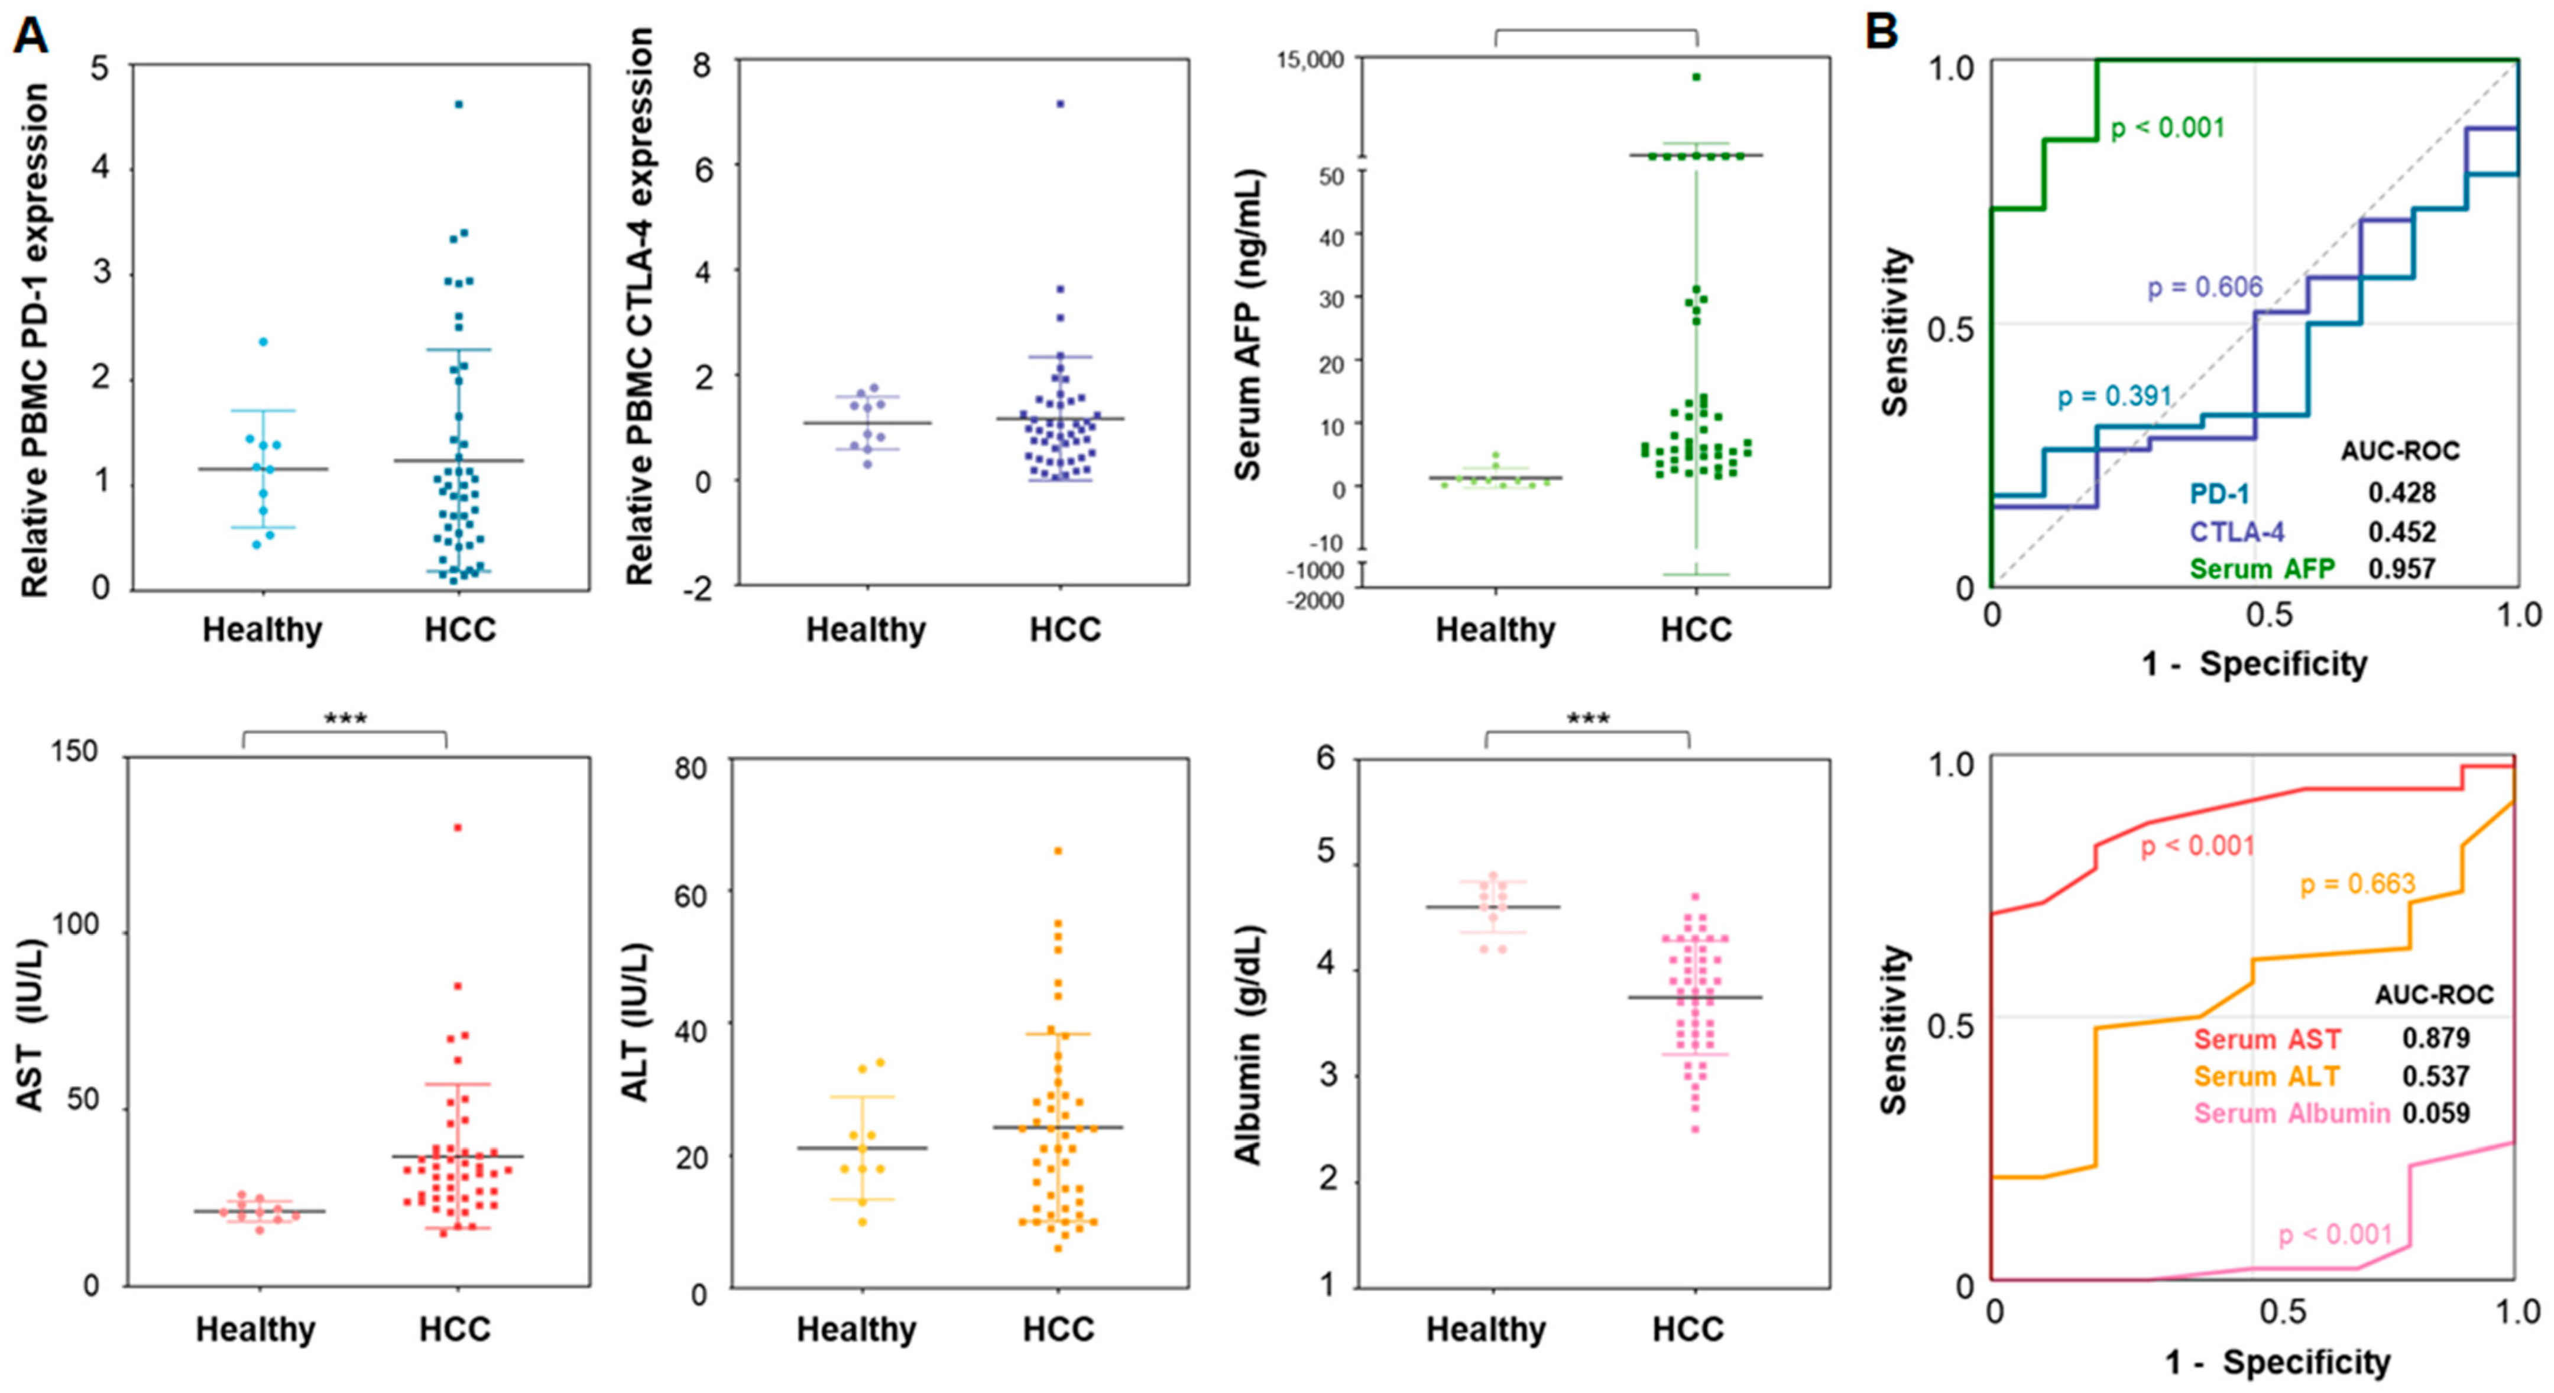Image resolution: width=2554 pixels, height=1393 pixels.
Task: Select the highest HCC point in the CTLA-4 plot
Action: click(1060, 103)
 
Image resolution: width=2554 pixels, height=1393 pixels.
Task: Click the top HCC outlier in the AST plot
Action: click(458, 827)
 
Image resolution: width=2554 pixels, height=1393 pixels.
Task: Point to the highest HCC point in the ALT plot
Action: click(1058, 851)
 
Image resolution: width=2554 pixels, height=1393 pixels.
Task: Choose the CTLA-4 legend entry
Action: click(2237, 532)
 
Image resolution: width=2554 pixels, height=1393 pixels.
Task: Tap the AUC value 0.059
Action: click(2435, 1113)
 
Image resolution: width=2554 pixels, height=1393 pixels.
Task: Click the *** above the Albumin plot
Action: click(1587, 719)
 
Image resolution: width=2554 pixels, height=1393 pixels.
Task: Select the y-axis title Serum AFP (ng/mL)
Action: click(1248, 327)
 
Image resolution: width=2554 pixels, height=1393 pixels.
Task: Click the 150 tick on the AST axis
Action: click(74, 753)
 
